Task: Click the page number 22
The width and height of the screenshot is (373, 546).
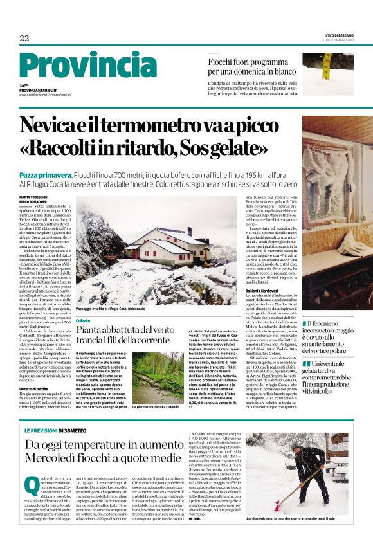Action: pos(24,39)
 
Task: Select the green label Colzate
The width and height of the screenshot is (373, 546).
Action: pos(83,320)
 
